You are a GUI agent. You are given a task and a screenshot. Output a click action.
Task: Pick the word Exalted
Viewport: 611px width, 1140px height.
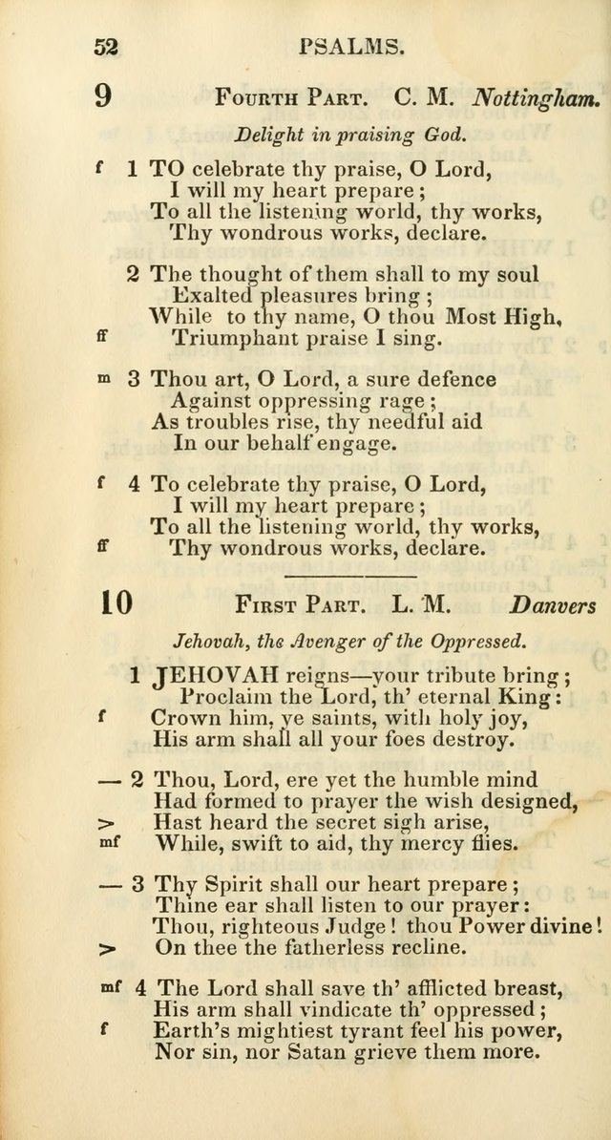211,296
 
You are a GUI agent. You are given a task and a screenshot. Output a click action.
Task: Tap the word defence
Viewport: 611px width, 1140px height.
449,380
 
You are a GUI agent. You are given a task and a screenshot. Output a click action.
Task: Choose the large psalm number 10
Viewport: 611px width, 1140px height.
115,603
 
